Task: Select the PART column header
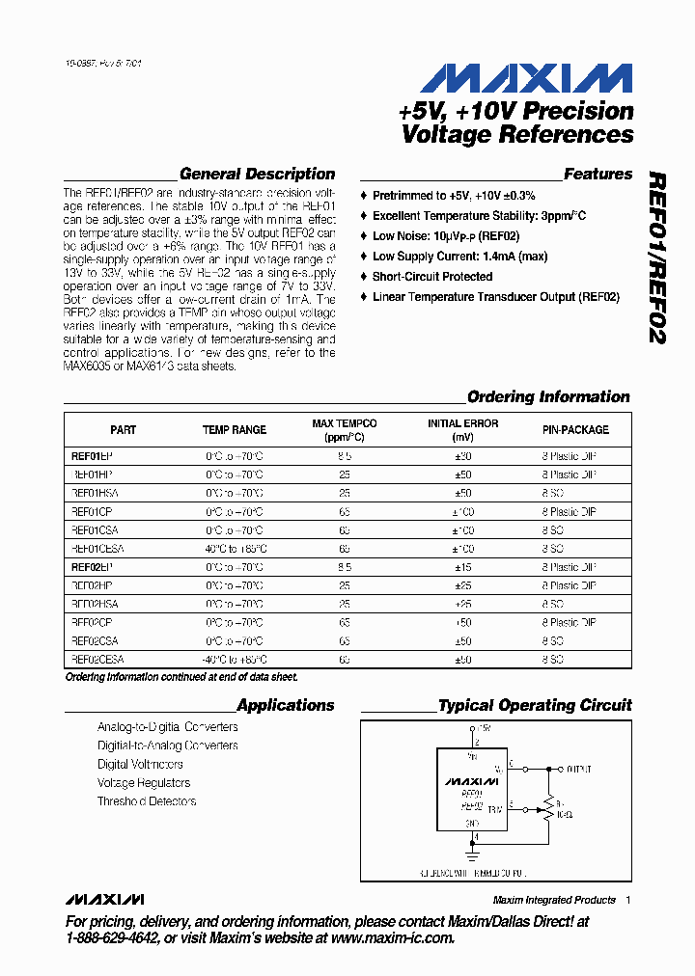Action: (124, 430)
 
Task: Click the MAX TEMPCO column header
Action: (345, 430)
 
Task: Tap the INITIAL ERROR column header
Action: (463, 430)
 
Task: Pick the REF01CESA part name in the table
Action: (97, 549)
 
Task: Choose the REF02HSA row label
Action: (94, 604)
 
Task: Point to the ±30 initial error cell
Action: (463, 456)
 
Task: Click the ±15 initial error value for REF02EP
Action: (463, 567)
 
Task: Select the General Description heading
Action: (257, 175)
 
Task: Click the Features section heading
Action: (598, 175)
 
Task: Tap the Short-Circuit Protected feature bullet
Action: (432, 277)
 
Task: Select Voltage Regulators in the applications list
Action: (144, 783)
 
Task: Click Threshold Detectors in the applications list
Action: (147, 801)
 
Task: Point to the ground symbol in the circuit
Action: (474, 854)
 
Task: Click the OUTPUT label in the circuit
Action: (579, 770)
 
